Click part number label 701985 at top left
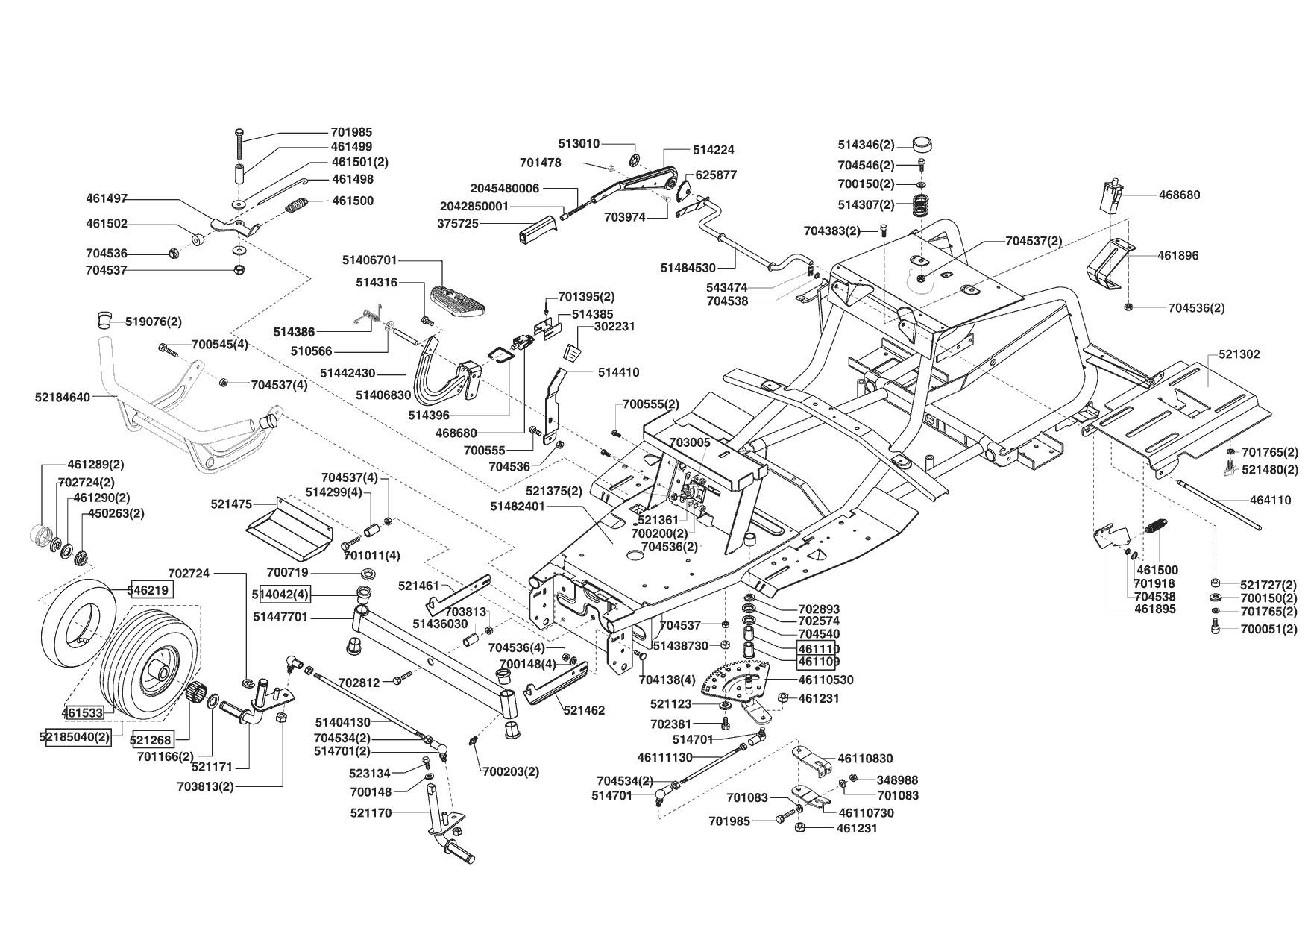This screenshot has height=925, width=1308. (351, 133)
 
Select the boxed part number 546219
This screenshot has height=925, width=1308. (152, 590)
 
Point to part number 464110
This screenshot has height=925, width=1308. (1270, 501)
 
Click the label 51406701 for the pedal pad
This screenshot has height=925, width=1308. (370, 260)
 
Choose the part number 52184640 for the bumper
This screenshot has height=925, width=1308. (62, 398)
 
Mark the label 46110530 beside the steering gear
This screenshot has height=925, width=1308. (826, 680)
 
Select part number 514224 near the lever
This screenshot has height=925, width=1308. (714, 150)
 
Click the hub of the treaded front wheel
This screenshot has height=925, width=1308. (159, 668)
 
